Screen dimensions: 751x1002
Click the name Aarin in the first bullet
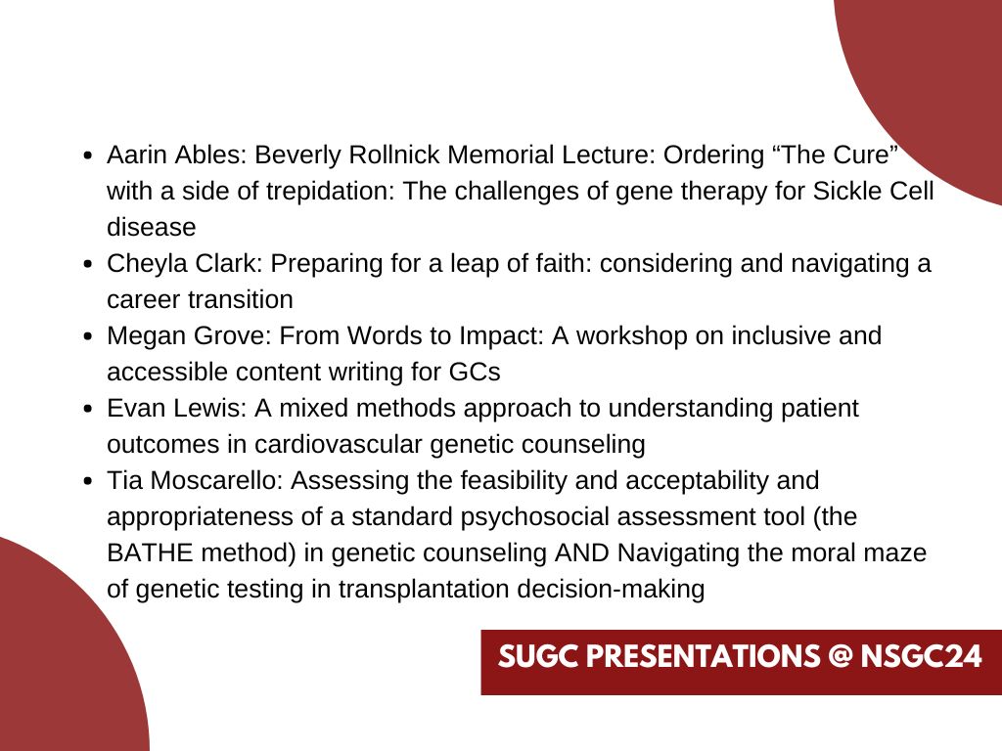pyautogui.click(x=132, y=155)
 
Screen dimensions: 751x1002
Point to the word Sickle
pyautogui.click(x=851, y=192)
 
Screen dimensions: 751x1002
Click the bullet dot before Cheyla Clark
pyautogui.click(x=88, y=265)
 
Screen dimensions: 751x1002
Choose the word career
pyautogui.click(x=135, y=300)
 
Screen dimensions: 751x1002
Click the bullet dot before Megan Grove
pyautogui.click(x=88, y=337)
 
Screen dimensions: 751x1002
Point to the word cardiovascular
pyautogui.click(x=339, y=445)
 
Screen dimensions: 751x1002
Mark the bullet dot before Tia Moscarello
pyautogui.click(x=88, y=482)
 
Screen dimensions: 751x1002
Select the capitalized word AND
pyautogui.click(x=582, y=553)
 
